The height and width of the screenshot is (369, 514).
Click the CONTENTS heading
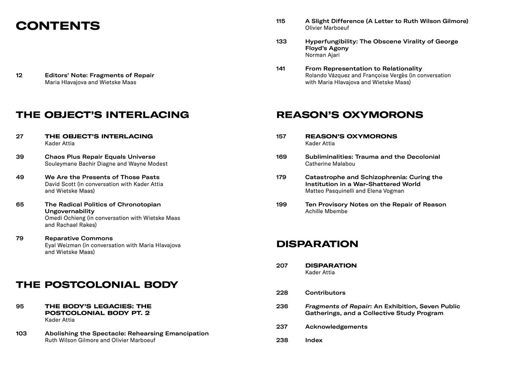pos(58,26)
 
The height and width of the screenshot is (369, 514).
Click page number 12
pos(19,75)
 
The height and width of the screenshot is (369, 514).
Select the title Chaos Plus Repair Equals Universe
pos(100,157)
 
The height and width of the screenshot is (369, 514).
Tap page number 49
pos(20,177)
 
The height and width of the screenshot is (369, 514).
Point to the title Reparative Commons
pos(79,238)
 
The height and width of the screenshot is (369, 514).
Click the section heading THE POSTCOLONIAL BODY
pos(97,285)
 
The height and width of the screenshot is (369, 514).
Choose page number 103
pos(21,333)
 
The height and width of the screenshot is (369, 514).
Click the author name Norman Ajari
pos(322,55)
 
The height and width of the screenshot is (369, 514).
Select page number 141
pos(281,69)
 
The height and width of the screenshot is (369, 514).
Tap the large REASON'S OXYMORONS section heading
pos(349,115)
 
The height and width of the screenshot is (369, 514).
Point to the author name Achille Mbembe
pos(326,212)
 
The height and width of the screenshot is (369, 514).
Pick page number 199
pos(282,205)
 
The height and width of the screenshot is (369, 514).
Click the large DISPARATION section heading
pos(317,244)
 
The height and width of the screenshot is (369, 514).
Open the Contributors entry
pos(325,293)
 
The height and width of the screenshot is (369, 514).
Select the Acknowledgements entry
pos(336,327)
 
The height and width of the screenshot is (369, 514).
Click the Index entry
pos(314,340)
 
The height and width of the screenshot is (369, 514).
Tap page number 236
pos(282,306)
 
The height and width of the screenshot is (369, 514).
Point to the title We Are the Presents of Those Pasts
pos(102,177)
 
